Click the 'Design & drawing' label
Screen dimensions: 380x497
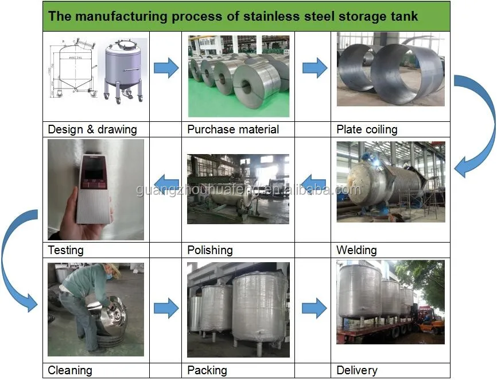92,129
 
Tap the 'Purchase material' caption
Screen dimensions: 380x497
232,129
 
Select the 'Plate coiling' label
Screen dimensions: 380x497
366,129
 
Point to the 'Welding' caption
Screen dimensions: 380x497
356,250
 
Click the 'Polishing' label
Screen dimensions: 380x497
209,250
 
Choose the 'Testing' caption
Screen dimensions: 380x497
65,250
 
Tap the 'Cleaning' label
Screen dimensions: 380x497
69,370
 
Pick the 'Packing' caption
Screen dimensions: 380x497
207,370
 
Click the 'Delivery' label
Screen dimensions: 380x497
356,370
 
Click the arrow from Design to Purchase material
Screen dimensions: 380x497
166,69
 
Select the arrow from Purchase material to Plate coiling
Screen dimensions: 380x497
314,68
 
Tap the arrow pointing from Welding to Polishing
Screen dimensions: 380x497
313,185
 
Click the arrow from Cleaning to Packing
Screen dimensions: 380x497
166,308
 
